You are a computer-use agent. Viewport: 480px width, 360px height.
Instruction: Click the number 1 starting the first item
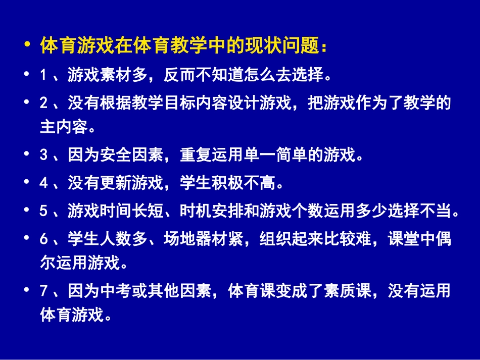tap(43, 76)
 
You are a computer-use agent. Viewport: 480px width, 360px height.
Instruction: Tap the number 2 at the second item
tap(43, 104)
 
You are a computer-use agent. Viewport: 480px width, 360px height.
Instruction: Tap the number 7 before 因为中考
tap(43, 291)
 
